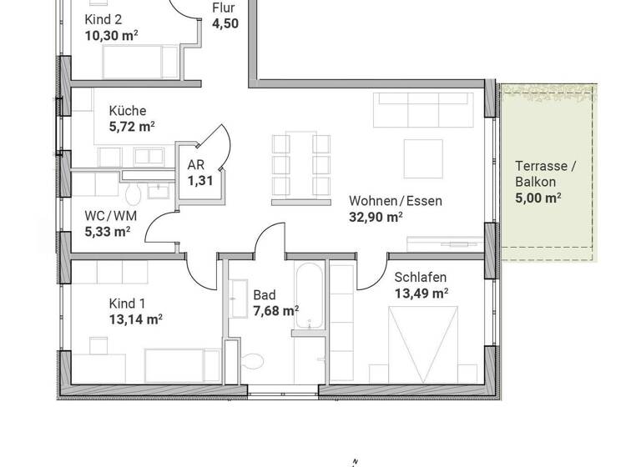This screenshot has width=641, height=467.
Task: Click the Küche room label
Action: [x=128, y=111]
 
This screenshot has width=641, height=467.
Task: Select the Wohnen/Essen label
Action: [x=395, y=200]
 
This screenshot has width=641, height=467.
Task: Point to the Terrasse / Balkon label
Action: [x=546, y=173]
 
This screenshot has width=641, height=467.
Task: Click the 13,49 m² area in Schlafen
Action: [x=421, y=293]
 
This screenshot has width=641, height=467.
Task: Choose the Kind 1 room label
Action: [x=128, y=303]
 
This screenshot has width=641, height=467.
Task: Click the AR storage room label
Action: [x=196, y=165]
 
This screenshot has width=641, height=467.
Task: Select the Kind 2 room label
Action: [x=104, y=19]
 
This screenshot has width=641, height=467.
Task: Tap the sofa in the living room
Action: [x=421, y=108]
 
